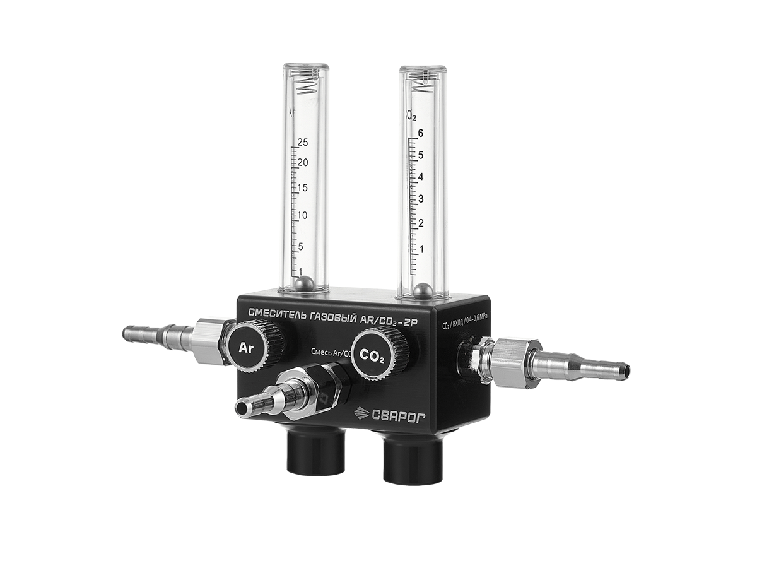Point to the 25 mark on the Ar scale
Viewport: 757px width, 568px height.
(302, 141)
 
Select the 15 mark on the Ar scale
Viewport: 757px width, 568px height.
(302, 188)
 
